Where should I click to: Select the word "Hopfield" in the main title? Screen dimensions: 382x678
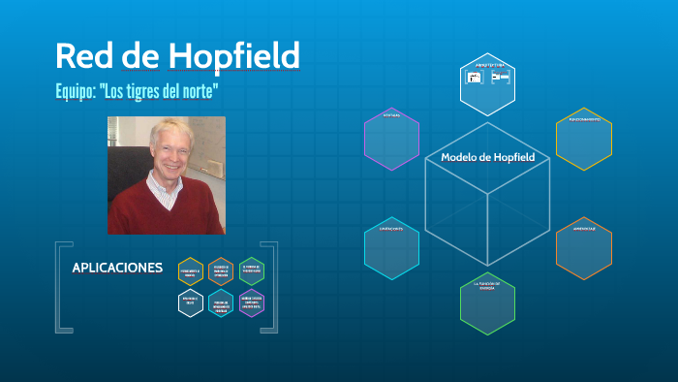point(233,55)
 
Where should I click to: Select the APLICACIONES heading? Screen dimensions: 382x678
point(117,268)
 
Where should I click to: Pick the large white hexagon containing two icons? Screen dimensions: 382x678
point(487,83)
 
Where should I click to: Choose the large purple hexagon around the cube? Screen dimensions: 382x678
point(391,138)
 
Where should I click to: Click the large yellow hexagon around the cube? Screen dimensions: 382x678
point(583,139)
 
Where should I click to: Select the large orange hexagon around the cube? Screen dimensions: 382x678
point(583,248)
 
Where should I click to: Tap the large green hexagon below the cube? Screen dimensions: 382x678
point(487,304)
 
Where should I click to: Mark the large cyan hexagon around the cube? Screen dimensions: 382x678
point(391,249)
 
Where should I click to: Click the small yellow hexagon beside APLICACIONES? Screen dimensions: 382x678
point(191,271)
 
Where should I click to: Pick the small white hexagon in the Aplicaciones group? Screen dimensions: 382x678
point(191,302)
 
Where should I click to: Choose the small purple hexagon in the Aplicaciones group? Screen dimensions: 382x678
point(251,302)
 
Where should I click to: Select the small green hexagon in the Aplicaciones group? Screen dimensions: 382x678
point(251,271)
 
